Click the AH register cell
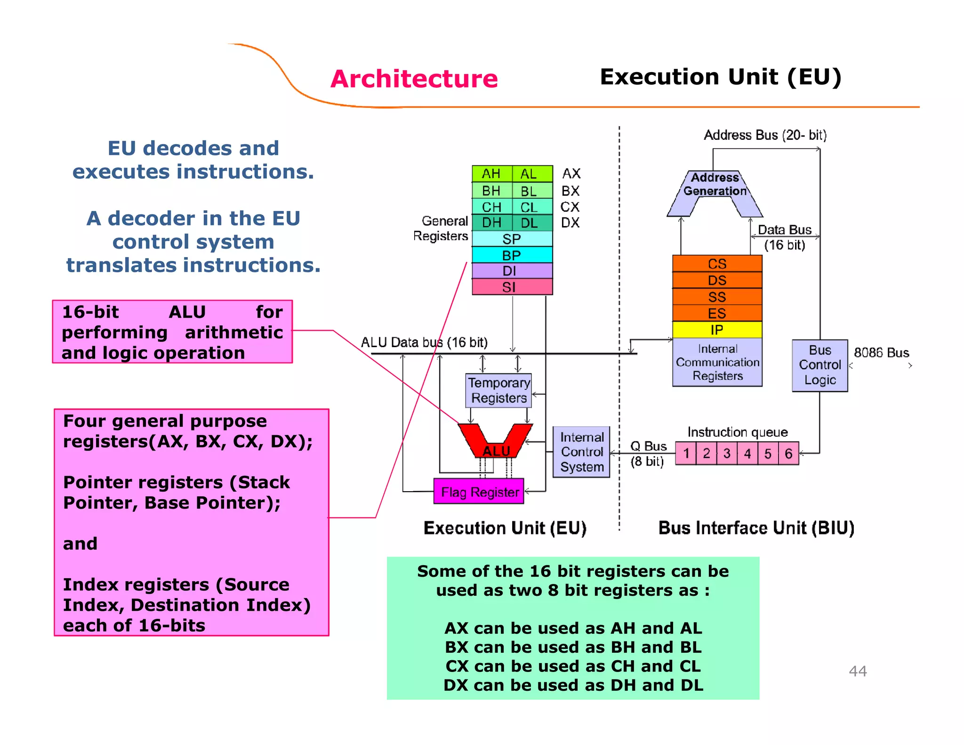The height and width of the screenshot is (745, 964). click(491, 174)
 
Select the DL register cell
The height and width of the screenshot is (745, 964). click(530, 223)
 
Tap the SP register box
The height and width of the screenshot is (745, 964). click(512, 239)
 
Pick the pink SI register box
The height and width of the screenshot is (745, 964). click(512, 287)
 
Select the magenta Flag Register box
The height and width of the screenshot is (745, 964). click(479, 492)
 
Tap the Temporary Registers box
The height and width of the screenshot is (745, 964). click(498, 390)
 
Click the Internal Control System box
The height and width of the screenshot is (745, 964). click(581, 452)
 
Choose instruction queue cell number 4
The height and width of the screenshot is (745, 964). click(747, 453)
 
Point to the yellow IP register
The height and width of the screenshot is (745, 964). click(716, 330)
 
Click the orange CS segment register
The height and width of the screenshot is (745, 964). click(716, 264)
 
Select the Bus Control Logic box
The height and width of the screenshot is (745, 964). click(819, 365)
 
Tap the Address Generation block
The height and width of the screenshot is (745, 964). click(715, 185)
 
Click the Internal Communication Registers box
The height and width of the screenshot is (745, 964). click(717, 362)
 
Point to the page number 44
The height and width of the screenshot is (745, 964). click(858, 671)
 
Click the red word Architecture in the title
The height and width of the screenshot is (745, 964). click(414, 79)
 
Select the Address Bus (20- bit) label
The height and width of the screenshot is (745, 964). click(765, 135)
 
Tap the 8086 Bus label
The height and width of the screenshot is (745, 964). click(881, 353)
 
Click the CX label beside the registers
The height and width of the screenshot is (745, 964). click(570, 207)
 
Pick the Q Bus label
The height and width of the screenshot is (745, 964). click(648, 446)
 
